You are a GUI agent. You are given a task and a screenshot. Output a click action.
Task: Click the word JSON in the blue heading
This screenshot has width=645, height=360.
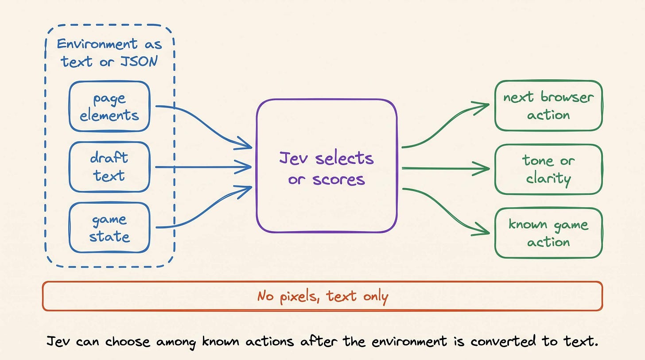click(139, 61)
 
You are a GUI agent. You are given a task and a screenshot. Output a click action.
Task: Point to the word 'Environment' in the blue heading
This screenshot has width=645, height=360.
click(97, 44)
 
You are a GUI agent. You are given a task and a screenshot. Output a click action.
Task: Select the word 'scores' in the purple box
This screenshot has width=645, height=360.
click(338, 180)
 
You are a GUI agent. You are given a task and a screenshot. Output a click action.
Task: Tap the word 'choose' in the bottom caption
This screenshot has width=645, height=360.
click(128, 341)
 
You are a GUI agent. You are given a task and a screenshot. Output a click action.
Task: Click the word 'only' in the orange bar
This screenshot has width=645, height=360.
click(376, 297)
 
